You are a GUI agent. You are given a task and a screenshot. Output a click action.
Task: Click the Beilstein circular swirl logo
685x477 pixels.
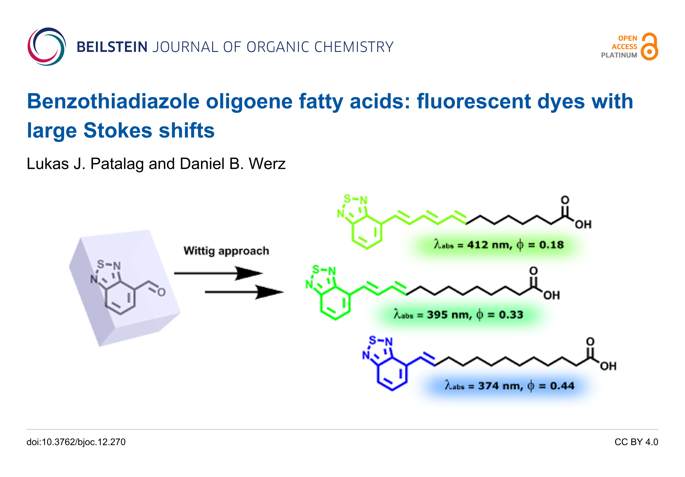tap(47, 47)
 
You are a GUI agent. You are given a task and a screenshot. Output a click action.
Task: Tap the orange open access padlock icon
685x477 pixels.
tap(649, 47)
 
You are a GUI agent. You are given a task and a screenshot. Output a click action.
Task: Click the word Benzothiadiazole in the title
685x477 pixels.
tap(113, 102)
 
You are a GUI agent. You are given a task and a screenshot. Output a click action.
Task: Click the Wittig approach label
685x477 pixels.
tap(226, 251)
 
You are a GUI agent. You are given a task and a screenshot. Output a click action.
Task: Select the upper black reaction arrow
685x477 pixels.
tap(218, 273)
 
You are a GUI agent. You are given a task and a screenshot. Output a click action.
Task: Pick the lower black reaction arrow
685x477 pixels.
tap(244, 292)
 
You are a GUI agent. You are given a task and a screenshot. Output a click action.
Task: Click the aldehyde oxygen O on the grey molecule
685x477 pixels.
tap(162, 292)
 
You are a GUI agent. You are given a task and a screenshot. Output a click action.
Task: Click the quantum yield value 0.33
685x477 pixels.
tap(511, 315)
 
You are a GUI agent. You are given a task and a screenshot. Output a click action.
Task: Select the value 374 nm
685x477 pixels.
tap(500, 386)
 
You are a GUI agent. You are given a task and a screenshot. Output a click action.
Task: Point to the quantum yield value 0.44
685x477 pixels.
tap(562, 386)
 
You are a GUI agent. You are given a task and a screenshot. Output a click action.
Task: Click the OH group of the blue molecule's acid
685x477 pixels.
tap(608, 366)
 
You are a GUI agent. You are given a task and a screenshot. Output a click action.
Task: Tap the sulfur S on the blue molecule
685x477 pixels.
tap(372, 340)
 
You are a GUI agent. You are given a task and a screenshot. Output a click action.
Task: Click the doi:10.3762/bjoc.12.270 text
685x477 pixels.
tap(76, 442)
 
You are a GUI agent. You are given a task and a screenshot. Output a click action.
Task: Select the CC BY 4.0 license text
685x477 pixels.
tap(636, 442)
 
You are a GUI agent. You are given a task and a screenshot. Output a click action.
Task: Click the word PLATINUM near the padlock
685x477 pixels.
tap(619, 55)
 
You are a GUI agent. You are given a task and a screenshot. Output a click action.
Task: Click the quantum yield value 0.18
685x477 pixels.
tap(551, 245)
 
